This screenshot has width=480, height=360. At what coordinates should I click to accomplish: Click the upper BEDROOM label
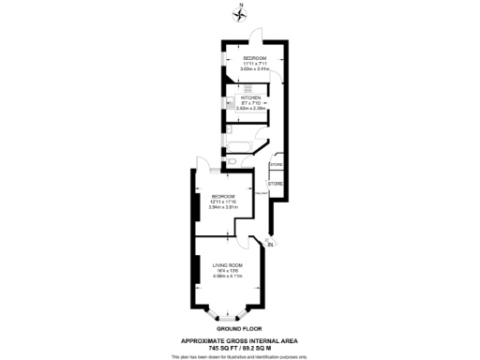pyautogui.click(x=255, y=58)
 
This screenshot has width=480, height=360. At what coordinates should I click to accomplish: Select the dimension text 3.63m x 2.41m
pyautogui.click(x=255, y=69)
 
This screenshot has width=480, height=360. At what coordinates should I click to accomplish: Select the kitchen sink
pyautogui.click(x=230, y=101)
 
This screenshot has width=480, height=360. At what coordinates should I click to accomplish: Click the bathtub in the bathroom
pyautogui.click(x=239, y=146)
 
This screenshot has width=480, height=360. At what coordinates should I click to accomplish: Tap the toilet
pyautogui.click(x=232, y=161)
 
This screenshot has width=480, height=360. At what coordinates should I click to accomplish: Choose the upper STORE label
pyautogui.click(x=276, y=165)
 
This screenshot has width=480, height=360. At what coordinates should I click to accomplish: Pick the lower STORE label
pyautogui.click(x=276, y=183)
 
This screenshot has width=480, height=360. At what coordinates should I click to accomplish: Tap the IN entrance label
pyautogui.click(x=272, y=245)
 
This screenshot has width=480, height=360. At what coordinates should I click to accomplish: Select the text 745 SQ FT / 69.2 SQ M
pyautogui.click(x=240, y=348)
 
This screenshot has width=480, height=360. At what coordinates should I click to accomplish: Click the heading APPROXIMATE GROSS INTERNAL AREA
pyautogui.click(x=240, y=341)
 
